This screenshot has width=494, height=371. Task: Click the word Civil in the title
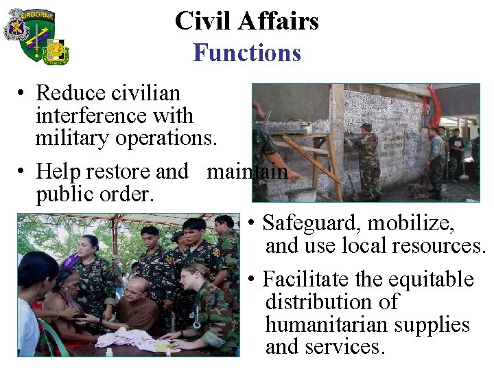[200, 21]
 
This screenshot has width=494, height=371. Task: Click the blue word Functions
[247, 53]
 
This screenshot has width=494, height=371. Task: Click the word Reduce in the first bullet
[71, 93]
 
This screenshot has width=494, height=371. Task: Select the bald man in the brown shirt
[141, 306]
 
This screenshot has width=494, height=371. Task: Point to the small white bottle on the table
[109, 351]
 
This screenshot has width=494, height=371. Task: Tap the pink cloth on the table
[134, 337]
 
